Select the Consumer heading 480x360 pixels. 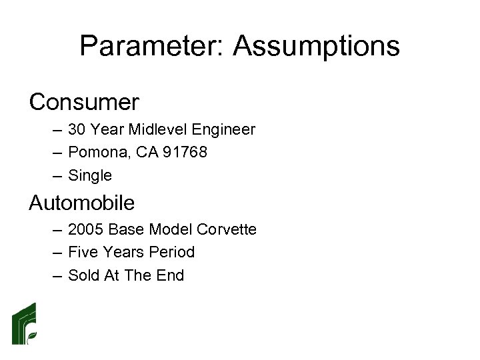84,102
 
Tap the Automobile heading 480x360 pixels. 81,202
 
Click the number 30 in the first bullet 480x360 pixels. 77,129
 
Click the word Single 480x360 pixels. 90,176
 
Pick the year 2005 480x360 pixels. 85,229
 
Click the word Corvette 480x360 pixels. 227,229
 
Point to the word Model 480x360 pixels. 171,229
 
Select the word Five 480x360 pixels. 83,253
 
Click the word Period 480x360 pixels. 171,253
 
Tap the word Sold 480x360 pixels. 84,275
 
